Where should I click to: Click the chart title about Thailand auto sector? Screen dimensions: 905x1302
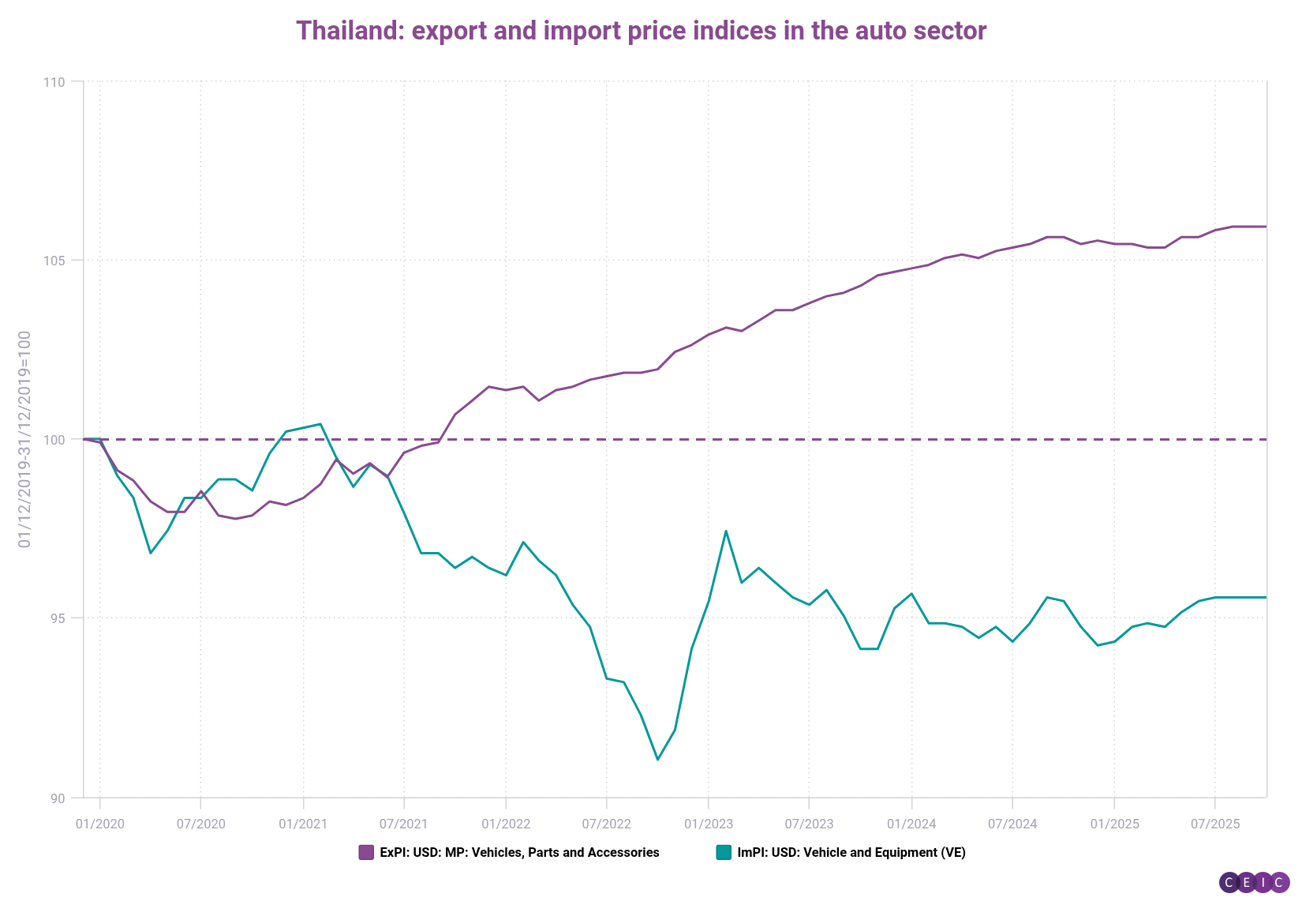(641, 31)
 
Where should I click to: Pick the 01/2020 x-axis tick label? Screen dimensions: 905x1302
(99, 824)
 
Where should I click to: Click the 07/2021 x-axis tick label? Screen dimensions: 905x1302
(403, 824)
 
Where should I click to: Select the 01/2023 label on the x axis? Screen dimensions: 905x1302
(708, 824)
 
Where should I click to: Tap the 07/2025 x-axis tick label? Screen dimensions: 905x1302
(1214, 824)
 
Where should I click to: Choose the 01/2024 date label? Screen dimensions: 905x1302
(911, 824)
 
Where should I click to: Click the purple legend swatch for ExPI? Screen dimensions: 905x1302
(366, 853)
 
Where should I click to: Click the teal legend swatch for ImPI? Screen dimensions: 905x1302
(723, 853)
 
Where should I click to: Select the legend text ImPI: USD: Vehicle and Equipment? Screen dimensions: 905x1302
(851, 853)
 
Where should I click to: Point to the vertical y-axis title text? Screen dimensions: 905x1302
(24, 439)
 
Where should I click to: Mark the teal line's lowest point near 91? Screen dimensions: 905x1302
(657, 760)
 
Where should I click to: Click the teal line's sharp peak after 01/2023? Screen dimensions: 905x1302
(725, 531)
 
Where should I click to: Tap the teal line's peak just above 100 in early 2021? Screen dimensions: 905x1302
(320, 424)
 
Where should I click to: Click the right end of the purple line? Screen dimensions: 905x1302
(1265, 227)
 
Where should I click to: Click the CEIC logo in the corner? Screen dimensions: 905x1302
(1254, 883)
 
